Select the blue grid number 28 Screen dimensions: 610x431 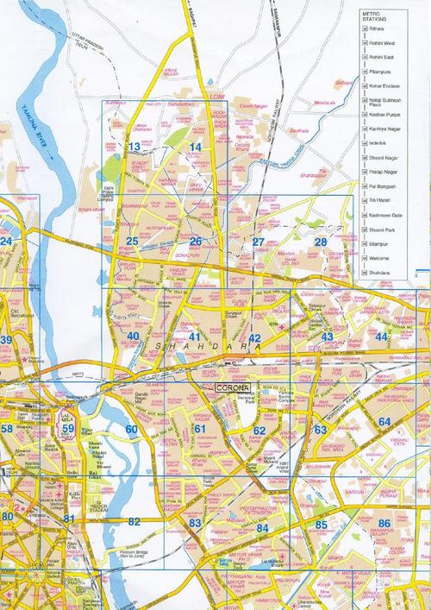[x=321, y=242]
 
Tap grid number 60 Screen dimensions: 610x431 [x=131, y=429]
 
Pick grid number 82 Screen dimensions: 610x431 [x=134, y=522]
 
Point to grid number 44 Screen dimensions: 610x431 [x=381, y=336]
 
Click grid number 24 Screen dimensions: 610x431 [x=7, y=242]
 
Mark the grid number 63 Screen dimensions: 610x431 [x=320, y=429]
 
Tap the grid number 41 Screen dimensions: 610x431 [x=195, y=336]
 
